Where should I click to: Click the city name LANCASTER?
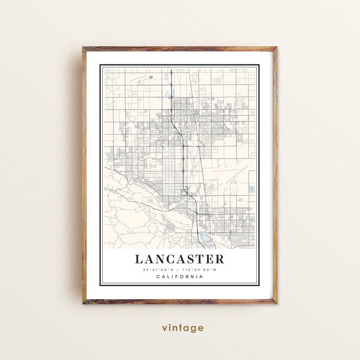180,259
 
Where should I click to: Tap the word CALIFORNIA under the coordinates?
180,277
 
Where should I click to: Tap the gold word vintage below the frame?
183,328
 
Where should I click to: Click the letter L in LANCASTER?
139,259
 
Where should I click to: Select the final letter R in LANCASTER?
219,259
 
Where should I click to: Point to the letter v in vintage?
165,328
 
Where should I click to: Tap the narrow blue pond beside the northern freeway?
172,93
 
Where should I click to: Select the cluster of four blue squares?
252,189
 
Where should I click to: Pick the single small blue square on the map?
241,200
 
